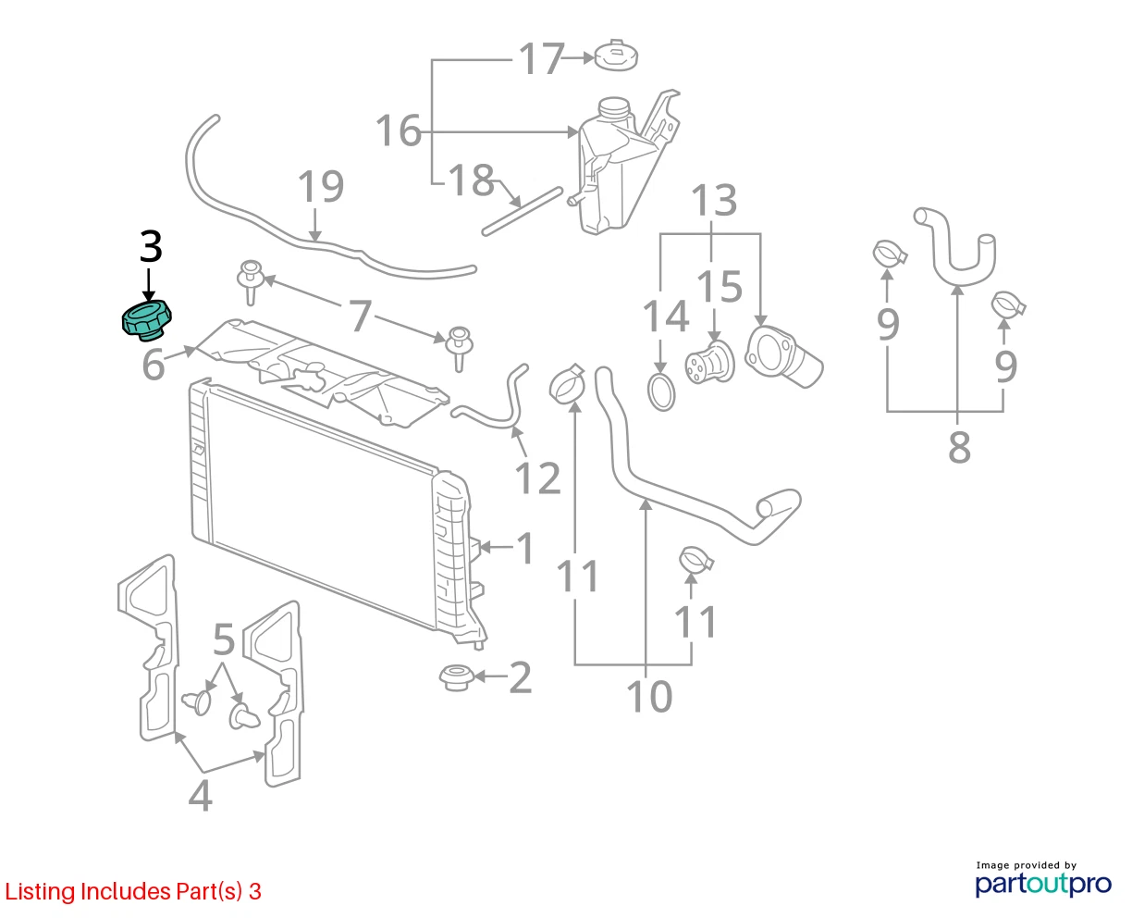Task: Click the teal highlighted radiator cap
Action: point(147,319)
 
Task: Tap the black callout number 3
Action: point(151,246)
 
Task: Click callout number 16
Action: point(399,130)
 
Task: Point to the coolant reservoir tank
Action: point(621,165)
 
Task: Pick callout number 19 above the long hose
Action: point(321,187)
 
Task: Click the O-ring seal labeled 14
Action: point(661,392)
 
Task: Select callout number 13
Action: point(714,201)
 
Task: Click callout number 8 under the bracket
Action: point(959,448)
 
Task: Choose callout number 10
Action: point(649,696)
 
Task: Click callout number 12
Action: point(537,478)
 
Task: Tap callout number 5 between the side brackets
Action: point(224,639)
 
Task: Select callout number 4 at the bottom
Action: point(201,796)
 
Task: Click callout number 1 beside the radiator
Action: point(525,549)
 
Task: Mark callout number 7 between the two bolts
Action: point(360,316)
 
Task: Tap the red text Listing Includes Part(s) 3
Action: point(133,891)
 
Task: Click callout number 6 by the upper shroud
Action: point(154,366)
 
